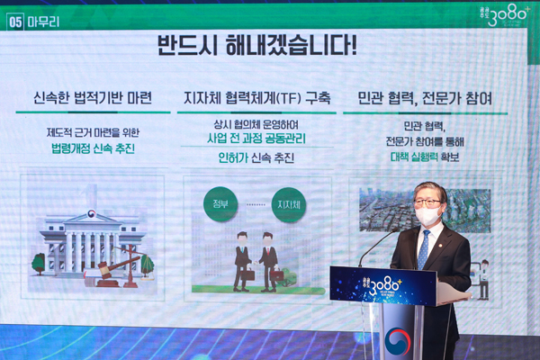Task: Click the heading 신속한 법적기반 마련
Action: click(93, 97)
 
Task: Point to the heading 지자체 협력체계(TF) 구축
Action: click(256, 97)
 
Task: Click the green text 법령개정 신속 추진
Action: click(93, 148)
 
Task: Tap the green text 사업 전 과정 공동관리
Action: click(256, 139)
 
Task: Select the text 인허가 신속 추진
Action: click(256, 158)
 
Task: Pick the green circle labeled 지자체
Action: click(289, 203)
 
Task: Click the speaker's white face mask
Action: click(427, 215)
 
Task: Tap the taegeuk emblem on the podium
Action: click(397, 340)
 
